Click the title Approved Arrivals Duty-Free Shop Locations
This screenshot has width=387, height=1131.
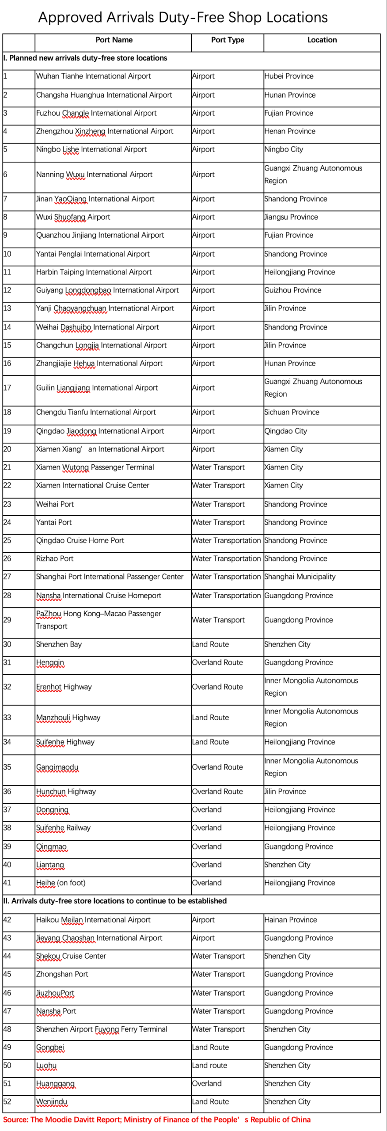(x=183, y=17)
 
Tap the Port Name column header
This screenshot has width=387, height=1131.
(x=114, y=40)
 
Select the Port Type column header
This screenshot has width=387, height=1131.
(x=228, y=40)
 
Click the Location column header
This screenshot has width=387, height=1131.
(x=322, y=40)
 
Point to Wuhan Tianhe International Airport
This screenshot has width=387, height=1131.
(x=93, y=76)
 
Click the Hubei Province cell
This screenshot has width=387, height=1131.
(x=289, y=76)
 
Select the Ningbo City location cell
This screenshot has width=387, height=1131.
(x=284, y=149)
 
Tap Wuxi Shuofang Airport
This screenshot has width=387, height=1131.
(x=73, y=217)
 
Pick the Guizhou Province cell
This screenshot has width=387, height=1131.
(x=292, y=290)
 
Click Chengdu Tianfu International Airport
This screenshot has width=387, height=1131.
(x=96, y=412)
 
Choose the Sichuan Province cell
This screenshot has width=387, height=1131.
(x=292, y=412)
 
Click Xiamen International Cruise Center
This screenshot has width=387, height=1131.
(x=93, y=485)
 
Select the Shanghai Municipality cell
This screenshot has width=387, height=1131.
(x=300, y=577)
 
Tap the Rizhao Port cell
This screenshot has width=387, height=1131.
(x=55, y=558)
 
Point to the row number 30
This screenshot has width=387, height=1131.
(x=8, y=644)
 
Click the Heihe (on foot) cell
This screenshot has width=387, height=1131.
(x=61, y=883)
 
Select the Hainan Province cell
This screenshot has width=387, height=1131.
(x=291, y=920)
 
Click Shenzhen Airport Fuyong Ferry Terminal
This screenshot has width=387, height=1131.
(x=102, y=1029)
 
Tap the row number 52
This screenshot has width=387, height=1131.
(x=8, y=1101)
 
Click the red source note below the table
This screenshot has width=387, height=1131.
(x=157, y=1120)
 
